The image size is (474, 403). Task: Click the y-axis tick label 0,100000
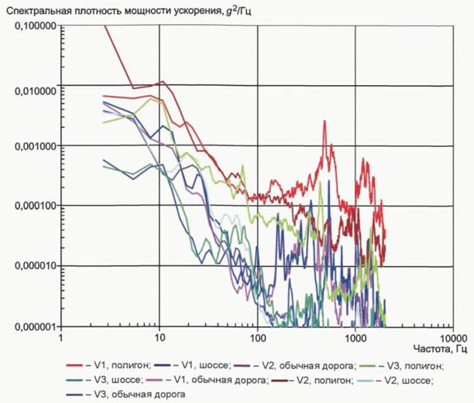click(35, 26)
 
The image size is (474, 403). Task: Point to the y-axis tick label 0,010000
click(35, 91)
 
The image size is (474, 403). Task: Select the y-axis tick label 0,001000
click(35, 146)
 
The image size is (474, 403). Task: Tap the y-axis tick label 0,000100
click(35, 206)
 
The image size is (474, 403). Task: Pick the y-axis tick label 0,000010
click(35, 266)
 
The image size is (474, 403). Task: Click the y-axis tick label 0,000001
click(35, 326)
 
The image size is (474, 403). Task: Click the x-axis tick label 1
click(60, 337)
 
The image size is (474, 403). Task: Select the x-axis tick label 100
click(258, 338)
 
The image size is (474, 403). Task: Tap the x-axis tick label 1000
click(355, 338)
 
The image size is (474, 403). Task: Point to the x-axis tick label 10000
click(453, 338)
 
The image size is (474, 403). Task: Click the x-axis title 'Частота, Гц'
click(440, 350)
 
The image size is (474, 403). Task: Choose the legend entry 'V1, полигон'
click(108, 366)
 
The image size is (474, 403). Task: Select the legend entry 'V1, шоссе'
click(193, 366)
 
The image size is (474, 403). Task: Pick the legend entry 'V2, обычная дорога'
click(295, 366)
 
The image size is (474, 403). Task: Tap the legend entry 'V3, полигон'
click(401, 366)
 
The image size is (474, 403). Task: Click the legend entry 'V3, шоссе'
click(105, 380)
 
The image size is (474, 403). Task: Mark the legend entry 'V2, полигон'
click(313, 380)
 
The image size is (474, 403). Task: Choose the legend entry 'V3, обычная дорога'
click(125, 394)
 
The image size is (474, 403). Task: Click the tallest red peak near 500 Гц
click(325, 121)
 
